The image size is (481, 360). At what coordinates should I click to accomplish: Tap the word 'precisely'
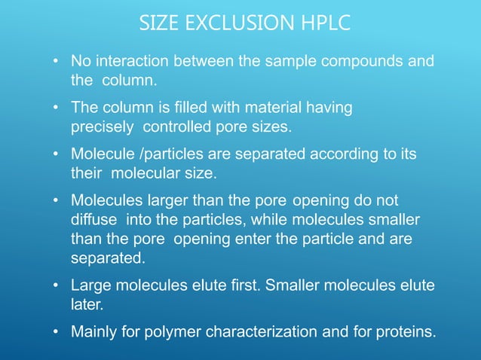click(x=100, y=127)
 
